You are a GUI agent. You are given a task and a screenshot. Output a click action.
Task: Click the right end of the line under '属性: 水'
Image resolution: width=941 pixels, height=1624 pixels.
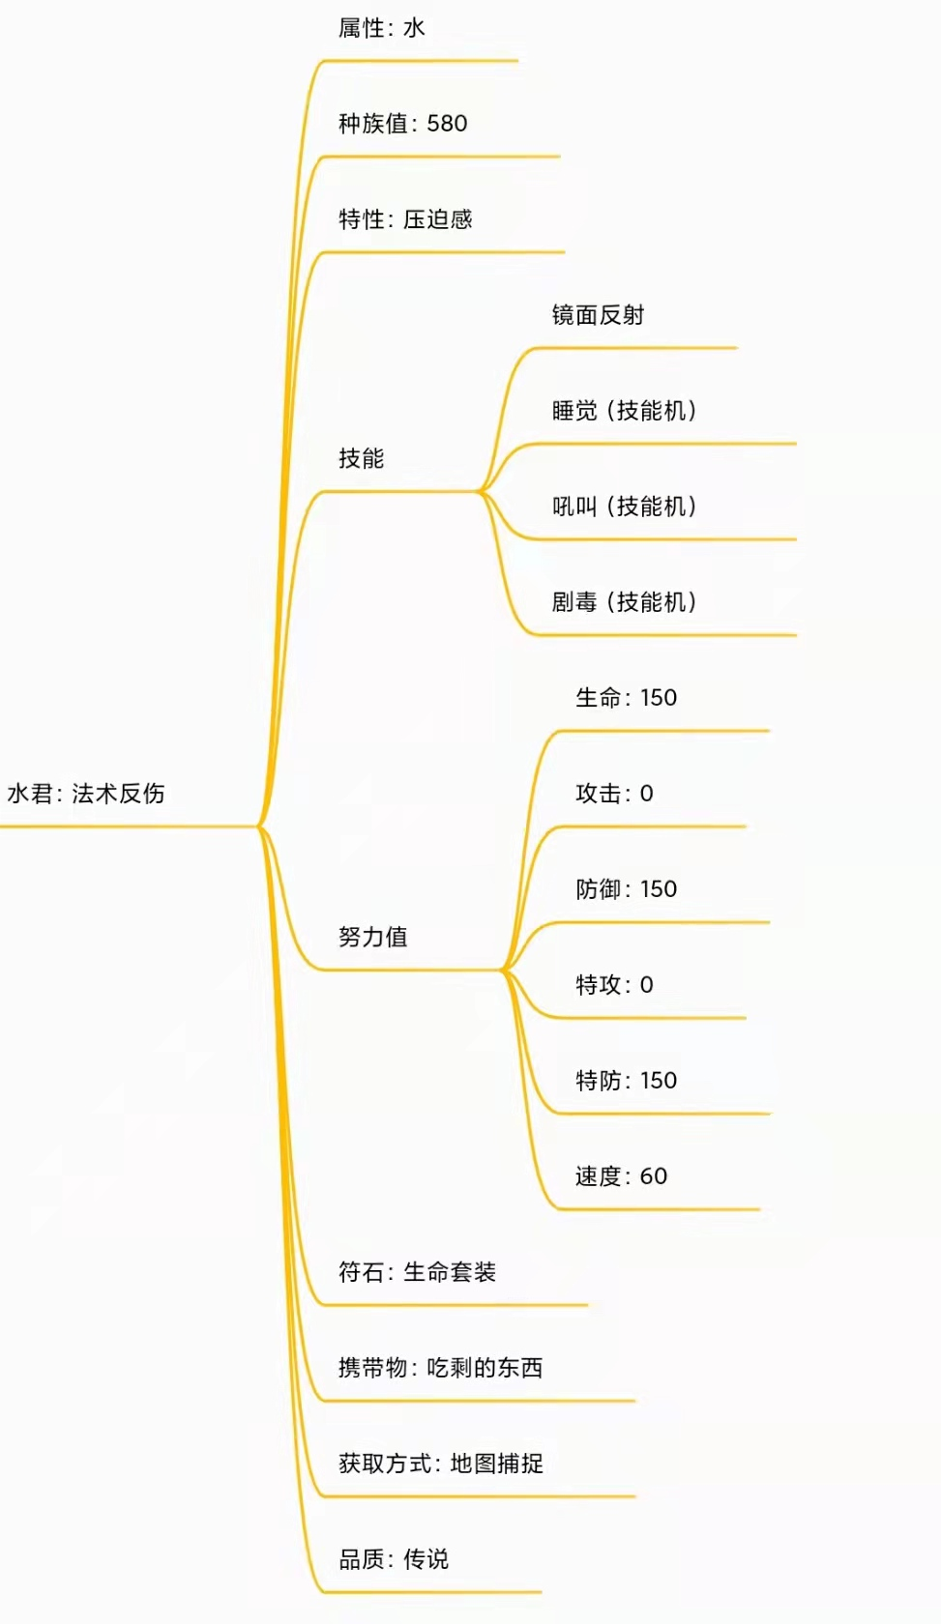(x=517, y=61)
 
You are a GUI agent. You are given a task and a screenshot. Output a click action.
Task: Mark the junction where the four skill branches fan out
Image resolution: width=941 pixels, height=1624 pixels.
(x=480, y=491)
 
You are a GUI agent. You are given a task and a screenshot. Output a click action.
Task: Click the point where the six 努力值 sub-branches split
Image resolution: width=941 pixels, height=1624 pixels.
(x=503, y=970)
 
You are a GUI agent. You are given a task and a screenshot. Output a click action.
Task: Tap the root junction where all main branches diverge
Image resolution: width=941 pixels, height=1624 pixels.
(x=259, y=826)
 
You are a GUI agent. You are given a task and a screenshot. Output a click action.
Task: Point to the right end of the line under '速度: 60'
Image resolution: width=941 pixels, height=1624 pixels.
(x=759, y=1209)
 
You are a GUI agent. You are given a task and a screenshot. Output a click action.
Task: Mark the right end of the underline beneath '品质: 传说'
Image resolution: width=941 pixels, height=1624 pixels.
(x=541, y=1592)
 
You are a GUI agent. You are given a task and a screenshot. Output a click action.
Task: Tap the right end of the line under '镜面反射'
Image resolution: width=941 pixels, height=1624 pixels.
(x=736, y=348)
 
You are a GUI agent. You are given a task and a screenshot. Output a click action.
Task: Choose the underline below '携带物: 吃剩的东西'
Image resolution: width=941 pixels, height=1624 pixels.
(x=475, y=1401)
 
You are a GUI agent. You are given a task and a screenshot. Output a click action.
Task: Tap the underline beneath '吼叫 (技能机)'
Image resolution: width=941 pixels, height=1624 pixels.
(x=663, y=539)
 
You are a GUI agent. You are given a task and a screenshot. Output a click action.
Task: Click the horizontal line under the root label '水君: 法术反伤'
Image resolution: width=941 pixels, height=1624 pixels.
(x=130, y=826)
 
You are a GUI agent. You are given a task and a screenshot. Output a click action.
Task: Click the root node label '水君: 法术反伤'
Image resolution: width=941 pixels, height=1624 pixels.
(x=86, y=793)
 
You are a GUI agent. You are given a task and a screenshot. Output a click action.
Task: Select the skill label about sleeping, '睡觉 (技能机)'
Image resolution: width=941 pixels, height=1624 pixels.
(x=625, y=411)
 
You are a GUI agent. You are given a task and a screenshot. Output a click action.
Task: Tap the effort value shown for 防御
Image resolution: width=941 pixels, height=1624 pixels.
(x=659, y=889)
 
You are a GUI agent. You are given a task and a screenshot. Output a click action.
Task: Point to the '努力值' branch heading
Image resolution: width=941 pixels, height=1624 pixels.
(x=373, y=937)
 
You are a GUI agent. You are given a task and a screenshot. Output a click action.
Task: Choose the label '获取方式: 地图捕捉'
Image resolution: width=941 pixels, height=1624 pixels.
(x=441, y=1464)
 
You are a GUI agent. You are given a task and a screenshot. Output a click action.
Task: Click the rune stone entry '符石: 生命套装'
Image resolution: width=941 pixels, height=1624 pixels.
(x=417, y=1272)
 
